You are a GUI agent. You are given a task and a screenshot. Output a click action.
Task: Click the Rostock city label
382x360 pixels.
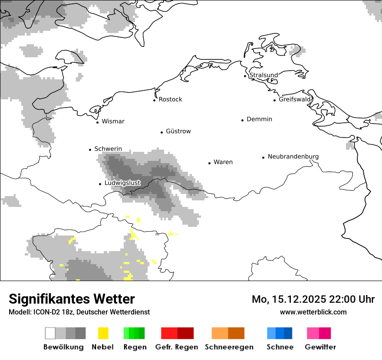[x=170, y=99]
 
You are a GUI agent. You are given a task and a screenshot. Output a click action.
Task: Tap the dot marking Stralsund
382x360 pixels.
[x=245, y=76]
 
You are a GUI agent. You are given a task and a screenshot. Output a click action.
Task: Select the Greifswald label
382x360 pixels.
[x=295, y=99]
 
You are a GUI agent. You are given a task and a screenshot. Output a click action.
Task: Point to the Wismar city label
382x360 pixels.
[x=113, y=121]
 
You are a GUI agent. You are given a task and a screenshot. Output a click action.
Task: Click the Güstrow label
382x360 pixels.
[x=178, y=131]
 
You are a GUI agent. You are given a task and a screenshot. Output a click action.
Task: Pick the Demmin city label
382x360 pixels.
[x=259, y=119]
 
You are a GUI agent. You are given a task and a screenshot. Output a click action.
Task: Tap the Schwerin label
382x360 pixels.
[x=108, y=149]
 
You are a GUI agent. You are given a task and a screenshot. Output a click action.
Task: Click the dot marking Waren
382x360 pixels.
[x=209, y=163]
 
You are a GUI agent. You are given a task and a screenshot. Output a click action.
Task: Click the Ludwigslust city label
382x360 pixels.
[x=122, y=183]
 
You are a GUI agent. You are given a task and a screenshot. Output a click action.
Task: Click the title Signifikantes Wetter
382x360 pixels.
[x=72, y=299]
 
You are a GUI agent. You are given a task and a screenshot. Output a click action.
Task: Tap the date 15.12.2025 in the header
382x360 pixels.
[x=297, y=299]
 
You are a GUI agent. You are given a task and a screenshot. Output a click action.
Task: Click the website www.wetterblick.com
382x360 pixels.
[x=313, y=312]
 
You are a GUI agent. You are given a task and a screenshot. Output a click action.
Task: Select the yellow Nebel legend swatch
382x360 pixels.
[x=103, y=333]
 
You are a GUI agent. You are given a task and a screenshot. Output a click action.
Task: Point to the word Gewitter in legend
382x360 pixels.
[x=320, y=347]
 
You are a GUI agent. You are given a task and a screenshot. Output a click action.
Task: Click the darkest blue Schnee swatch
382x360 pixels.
[x=288, y=333]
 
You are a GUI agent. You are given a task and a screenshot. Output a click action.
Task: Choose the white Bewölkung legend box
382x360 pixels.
[x=50, y=333]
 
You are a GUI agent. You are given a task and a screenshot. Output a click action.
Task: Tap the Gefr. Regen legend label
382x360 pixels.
[x=177, y=347]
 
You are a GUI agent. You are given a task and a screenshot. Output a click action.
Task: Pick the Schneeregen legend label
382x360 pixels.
[x=229, y=347]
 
